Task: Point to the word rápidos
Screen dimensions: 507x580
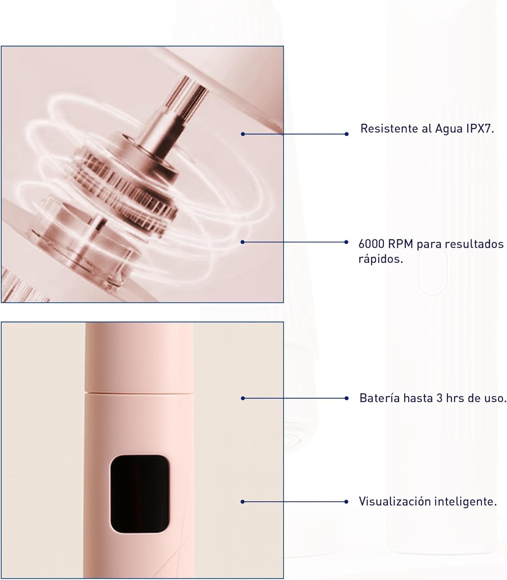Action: (381, 259)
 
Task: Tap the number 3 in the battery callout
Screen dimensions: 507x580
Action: (439, 398)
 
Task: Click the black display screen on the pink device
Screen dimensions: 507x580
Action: (140, 494)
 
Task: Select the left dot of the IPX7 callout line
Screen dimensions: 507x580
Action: (243, 134)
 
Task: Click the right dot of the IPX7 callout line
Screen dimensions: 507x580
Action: (347, 134)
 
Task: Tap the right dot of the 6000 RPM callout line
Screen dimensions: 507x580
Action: (346, 242)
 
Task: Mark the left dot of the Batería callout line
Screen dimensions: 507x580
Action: (243, 398)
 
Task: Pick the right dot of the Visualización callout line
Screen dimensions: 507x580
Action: (346, 502)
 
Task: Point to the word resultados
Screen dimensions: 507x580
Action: (475, 244)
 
